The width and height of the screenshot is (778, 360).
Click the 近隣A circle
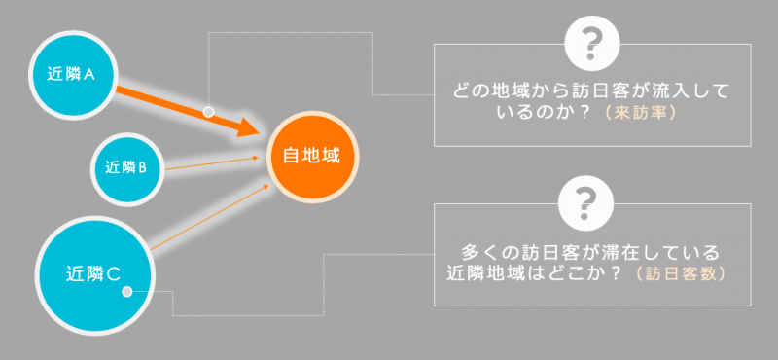point(74,75)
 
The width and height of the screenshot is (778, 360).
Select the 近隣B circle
point(127,169)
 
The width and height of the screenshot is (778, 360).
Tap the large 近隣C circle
point(94,275)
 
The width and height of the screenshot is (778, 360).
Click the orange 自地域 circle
point(312,157)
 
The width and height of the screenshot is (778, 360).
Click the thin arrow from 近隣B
point(212,163)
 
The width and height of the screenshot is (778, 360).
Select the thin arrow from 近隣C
point(209,217)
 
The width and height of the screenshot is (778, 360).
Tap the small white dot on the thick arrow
point(208,112)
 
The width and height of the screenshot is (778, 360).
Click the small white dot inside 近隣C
point(127,292)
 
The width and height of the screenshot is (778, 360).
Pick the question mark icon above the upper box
point(592,44)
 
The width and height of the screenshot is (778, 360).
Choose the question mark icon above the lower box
point(586,203)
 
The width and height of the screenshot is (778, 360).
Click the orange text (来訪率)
point(640,113)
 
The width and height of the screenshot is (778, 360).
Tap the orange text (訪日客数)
point(680,273)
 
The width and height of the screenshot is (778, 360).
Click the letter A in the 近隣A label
point(88,75)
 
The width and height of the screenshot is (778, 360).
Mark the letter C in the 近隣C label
point(113,274)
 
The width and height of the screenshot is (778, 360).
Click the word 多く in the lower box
point(478,252)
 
